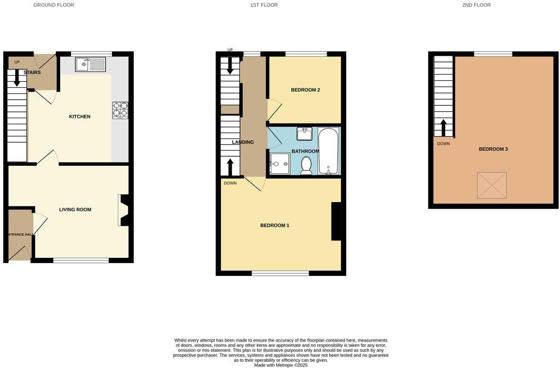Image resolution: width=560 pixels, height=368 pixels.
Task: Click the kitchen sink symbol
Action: [91, 64]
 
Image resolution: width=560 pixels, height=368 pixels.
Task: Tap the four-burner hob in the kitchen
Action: [120, 110]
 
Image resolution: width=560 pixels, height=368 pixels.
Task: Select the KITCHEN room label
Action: [80, 117]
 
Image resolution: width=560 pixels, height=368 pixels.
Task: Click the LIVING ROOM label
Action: [75, 210]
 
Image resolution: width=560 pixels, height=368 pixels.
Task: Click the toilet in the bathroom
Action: [306, 165]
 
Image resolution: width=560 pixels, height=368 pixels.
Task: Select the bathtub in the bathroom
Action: [328, 151]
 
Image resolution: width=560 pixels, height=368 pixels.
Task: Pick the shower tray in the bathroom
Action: [280, 163]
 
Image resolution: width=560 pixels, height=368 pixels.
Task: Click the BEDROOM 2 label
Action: [305, 90]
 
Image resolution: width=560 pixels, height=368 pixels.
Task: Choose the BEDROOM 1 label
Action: [275, 225]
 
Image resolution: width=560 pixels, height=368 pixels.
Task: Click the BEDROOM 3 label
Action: [493, 149]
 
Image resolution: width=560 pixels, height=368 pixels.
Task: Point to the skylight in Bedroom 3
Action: [492, 185]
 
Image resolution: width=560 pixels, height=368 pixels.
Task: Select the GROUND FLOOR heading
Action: [53, 5]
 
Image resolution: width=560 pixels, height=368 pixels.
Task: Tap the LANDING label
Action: [243, 142]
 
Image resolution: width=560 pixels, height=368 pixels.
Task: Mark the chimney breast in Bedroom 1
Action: [336, 222]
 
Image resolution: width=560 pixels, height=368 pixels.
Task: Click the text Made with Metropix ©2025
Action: [280, 365]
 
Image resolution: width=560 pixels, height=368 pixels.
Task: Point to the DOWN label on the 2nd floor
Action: [443, 144]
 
